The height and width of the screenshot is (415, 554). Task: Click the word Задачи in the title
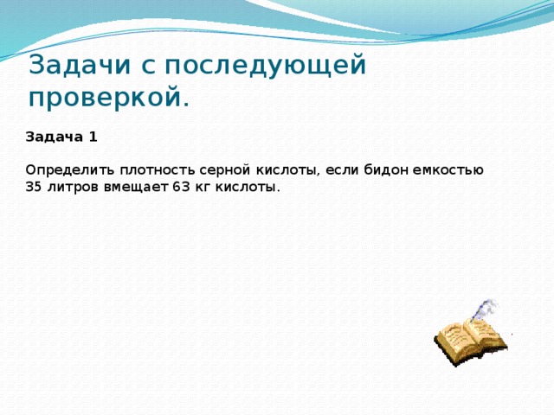pyautogui.click(x=80, y=66)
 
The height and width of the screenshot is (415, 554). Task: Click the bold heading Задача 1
pyautogui.click(x=61, y=137)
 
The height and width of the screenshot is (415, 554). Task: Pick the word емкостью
pyautogui.click(x=446, y=169)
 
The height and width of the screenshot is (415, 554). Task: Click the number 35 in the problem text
pyautogui.click(x=34, y=187)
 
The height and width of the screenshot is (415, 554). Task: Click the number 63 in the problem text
pyautogui.click(x=179, y=187)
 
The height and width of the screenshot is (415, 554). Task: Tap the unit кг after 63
pyautogui.click(x=200, y=187)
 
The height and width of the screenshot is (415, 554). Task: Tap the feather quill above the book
pyautogui.click(x=486, y=309)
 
